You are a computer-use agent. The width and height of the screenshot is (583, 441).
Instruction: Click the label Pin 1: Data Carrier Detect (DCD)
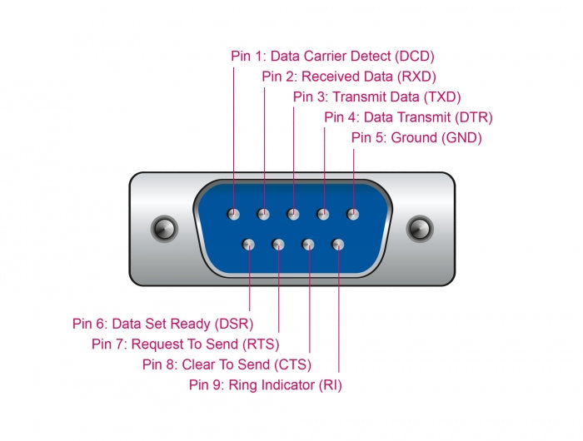(x=332, y=57)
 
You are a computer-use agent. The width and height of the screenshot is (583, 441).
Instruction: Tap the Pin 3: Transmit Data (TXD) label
(x=376, y=97)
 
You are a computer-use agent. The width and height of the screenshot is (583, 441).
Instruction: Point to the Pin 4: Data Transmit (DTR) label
(x=408, y=117)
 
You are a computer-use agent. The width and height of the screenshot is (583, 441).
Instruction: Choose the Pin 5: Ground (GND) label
(x=416, y=137)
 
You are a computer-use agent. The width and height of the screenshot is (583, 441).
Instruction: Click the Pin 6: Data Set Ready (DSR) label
(x=162, y=323)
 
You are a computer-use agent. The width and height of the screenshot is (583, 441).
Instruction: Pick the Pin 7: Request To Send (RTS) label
(x=185, y=344)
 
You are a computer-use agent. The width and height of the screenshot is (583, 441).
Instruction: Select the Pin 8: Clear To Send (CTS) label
(x=227, y=364)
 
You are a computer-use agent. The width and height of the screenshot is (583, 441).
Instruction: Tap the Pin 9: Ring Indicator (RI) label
(x=265, y=384)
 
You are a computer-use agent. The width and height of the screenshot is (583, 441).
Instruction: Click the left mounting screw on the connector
(x=163, y=228)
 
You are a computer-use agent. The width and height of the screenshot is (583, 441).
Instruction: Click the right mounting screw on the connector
(x=420, y=228)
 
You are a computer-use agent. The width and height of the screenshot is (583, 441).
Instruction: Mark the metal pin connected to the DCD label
(x=234, y=214)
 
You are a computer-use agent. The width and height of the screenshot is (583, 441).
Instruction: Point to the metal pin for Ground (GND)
(x=353, y=214)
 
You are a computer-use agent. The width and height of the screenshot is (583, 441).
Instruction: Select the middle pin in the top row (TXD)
(x=293, y=214)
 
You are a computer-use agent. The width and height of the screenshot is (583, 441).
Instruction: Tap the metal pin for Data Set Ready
(x=248, y=245)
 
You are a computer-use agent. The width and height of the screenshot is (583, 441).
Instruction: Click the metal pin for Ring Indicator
(x=338, y=245)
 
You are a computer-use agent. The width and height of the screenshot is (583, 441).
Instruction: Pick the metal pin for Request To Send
(x=278, y=245)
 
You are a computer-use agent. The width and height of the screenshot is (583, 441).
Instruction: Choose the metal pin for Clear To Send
(x=308, y=245)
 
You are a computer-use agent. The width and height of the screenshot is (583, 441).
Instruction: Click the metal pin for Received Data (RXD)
(x=263, y=214)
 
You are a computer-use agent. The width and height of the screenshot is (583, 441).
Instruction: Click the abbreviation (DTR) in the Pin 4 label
(x=475, y=117)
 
